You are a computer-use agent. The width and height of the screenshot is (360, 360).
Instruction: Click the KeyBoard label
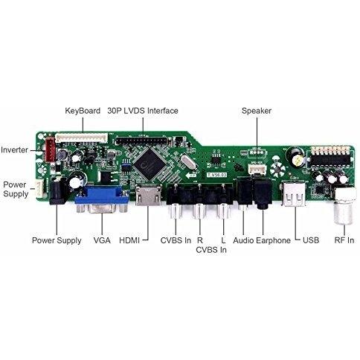pos(83,111)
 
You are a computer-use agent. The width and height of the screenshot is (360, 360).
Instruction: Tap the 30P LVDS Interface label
pos(143,111)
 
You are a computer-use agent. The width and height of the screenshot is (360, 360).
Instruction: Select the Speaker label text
pos(257,111)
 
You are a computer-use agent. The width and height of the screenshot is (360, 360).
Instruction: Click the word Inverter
pos(14,150)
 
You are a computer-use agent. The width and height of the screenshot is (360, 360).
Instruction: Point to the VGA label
pos(102,240)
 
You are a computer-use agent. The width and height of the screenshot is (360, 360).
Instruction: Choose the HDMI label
pos(129,240)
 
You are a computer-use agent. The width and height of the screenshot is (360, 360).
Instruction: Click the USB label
pos(311,240)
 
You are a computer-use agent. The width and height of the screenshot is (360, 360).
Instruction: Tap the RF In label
pos(344,240)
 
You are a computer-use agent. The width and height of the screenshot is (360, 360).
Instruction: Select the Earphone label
pos(273,240)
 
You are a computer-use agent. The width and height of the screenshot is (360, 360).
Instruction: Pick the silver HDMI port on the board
pos(148,195)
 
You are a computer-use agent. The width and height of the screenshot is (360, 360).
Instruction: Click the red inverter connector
pos(50,150)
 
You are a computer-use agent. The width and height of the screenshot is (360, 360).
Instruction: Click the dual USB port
pos(294,193)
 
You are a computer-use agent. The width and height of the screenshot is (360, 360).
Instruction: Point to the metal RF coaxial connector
pos(344,206)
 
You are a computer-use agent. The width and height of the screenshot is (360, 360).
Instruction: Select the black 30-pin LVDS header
pos(143,141)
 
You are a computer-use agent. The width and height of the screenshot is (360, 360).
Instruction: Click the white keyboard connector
pos(82,138)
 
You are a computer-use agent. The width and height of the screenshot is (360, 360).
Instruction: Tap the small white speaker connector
pos(257,170)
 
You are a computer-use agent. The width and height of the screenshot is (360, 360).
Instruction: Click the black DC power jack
pos(57,190)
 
